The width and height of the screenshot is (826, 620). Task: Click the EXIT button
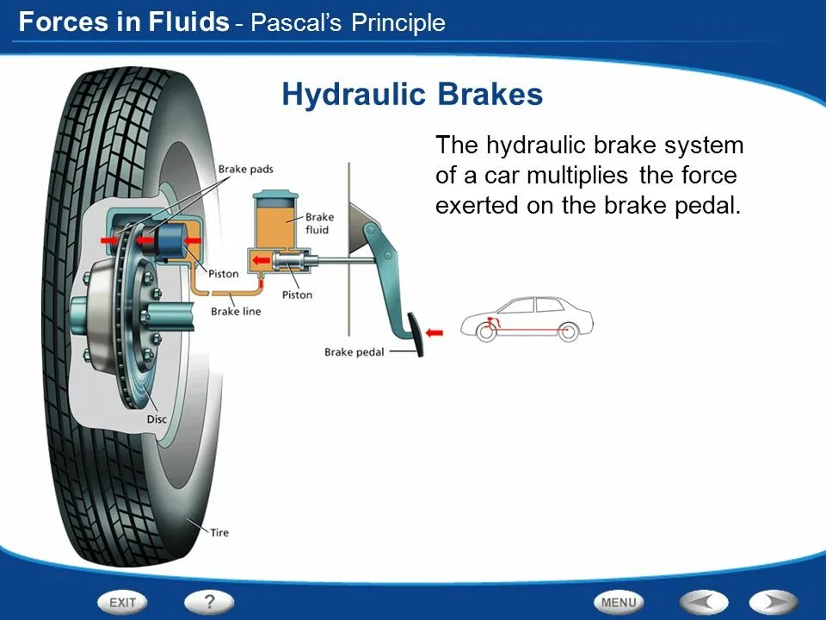122,603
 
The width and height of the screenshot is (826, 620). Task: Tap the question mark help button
208,602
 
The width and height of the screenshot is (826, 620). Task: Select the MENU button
618,603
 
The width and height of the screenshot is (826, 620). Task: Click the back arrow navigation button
704,603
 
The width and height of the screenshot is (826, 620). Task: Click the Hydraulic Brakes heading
412,95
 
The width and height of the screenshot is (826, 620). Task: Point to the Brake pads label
245,170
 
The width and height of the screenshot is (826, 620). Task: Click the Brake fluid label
319,223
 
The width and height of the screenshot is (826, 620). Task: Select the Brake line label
236,312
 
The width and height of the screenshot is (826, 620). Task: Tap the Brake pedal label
354,351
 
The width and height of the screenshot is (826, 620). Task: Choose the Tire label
219,532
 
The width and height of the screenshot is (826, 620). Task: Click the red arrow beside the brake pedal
435,332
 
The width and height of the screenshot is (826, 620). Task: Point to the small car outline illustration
527,319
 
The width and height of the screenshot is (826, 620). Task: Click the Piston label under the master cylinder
297,295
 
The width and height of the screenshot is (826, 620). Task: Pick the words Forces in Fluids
123,22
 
